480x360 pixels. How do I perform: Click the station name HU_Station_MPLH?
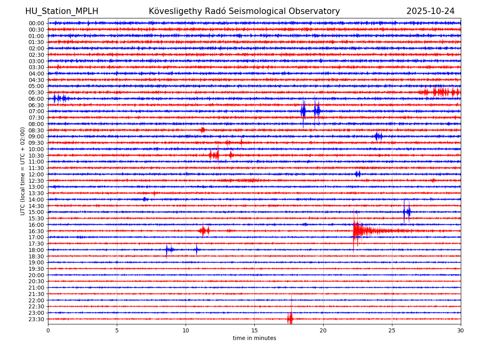coord(62,12)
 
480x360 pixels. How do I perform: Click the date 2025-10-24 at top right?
coord(430,12)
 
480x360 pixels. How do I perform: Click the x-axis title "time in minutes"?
coord(254,338)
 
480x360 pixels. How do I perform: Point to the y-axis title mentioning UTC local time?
coord(23,171)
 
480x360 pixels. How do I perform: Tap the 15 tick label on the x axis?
coord(254,331)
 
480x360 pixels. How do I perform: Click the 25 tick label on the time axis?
coord(392,331)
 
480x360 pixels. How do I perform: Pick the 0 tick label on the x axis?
coord(48,331)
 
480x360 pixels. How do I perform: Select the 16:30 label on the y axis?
coord(36,231)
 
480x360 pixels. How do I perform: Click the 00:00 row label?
coord(36,23)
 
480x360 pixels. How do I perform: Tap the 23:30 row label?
coord(36,319)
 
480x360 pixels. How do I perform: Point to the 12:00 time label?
coord(36,174)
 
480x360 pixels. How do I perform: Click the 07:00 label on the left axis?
coord(36,111)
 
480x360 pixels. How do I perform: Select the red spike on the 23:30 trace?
coord(290,318)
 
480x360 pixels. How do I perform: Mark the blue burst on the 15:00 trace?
coord(407,212)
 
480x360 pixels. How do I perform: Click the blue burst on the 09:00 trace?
coord(378,136)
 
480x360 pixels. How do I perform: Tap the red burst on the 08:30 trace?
coord(203,130)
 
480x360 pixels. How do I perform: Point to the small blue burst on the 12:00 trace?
coord(358,174)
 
